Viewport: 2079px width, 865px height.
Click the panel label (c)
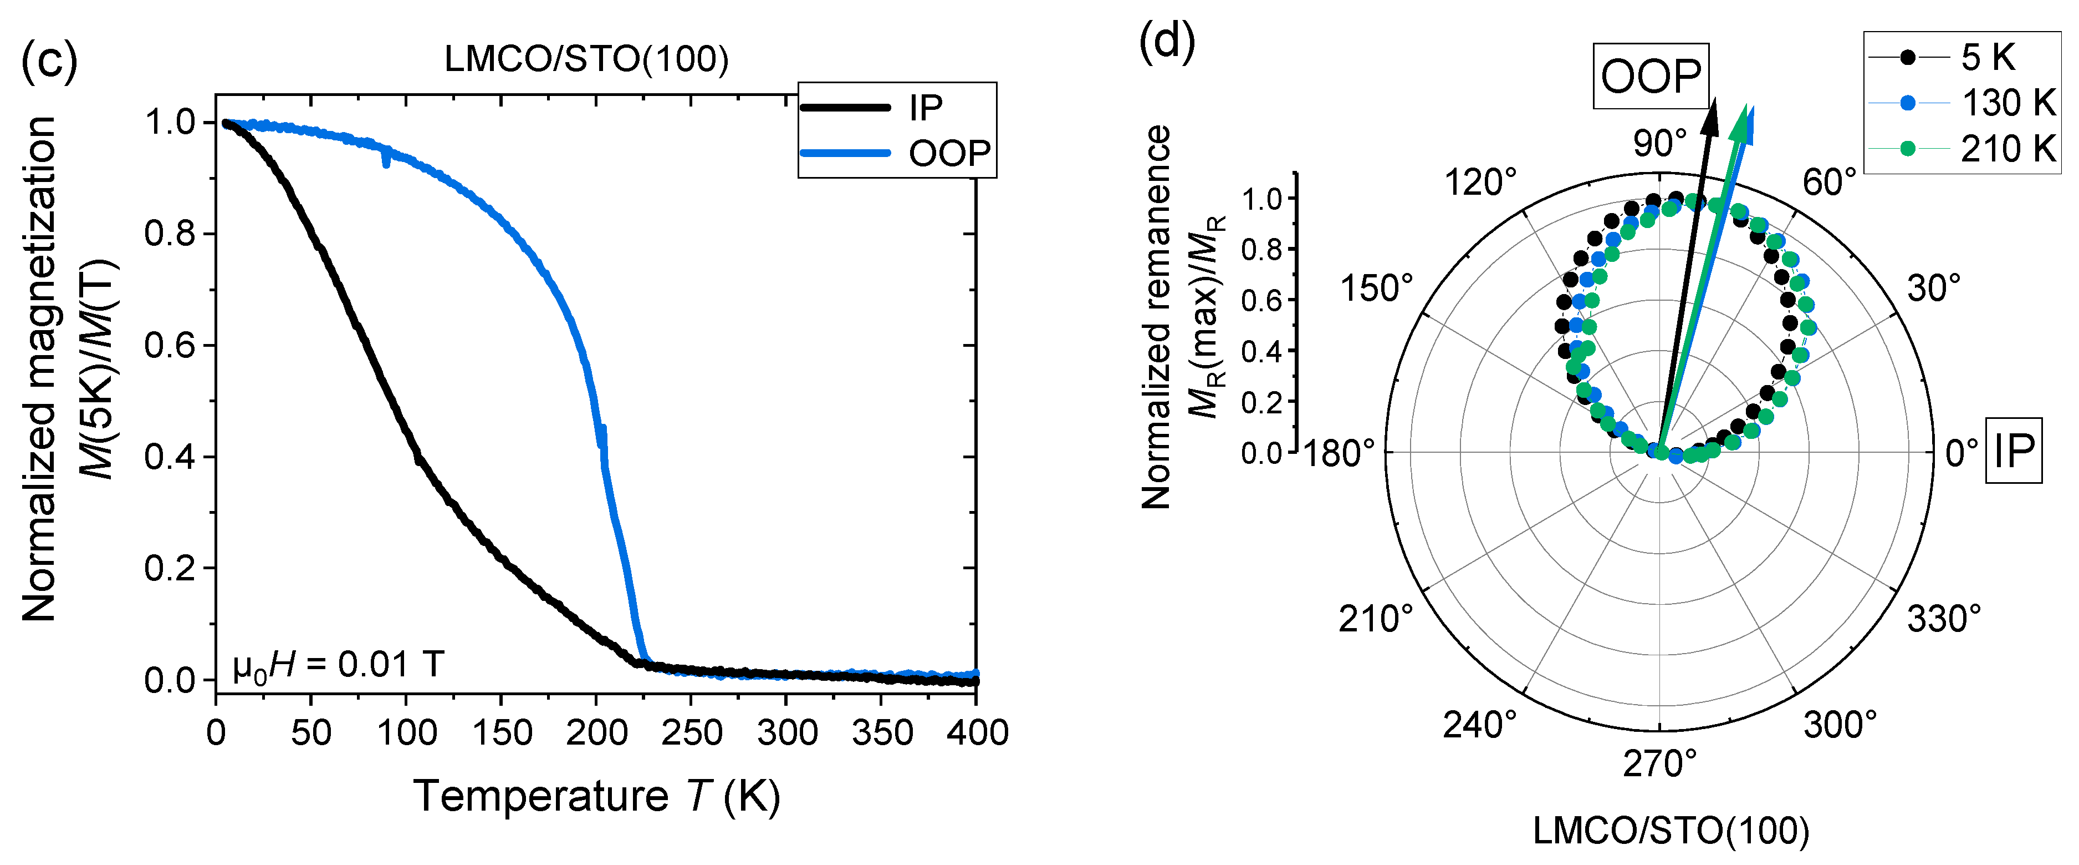click(48, 60)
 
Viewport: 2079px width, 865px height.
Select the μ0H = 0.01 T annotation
click(338, 665)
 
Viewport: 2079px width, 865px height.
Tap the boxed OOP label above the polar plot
click(1651, 77)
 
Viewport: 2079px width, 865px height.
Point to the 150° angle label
click(1376, 289)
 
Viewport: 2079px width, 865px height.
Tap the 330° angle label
click(1943, 619)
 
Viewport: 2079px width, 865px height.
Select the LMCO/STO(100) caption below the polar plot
click(1671, 830)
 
